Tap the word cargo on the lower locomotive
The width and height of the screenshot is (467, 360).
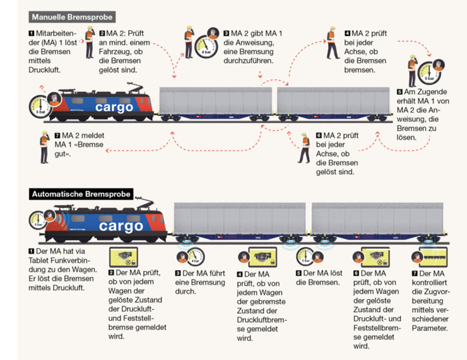121,226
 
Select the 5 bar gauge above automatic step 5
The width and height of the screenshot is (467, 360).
305,257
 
